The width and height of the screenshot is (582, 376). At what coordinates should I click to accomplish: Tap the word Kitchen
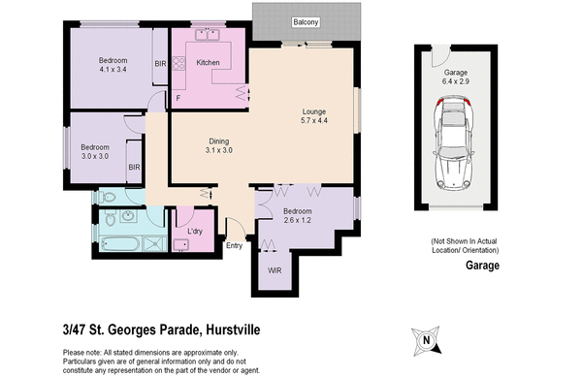[209, 63]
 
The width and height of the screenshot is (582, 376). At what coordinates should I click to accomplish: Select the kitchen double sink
[206, 35]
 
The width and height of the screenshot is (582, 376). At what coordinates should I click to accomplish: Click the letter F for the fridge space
[178, 99]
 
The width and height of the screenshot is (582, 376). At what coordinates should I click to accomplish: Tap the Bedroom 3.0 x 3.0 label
[95, 152]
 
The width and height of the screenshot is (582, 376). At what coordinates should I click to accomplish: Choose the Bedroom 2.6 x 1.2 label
[298, 216]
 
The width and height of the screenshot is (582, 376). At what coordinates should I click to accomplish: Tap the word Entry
[234, 245]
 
